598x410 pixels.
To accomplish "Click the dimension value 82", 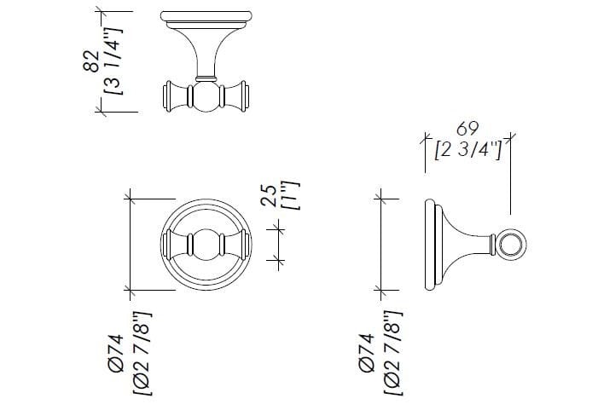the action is [90, 61].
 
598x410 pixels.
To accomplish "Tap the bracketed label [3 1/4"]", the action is [113, 61].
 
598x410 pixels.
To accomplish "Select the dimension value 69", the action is [467, 129].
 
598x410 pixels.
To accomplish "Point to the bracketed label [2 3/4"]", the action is [468, 150].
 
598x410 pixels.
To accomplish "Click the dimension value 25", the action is [269, 195].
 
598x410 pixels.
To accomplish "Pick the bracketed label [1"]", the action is [292, 195].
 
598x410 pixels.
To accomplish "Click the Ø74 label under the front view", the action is [116, 353].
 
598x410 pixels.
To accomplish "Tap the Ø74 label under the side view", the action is [367, 353].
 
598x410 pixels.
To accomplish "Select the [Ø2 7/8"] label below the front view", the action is [142, 354].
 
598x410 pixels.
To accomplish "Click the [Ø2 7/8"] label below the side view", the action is [392, 353].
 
